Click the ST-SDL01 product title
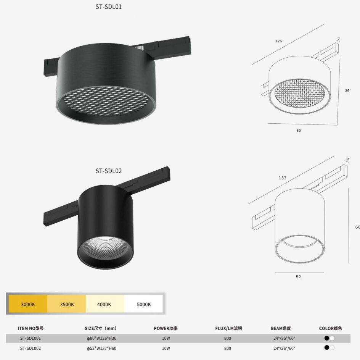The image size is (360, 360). pyautogui.click(x=109, y=7)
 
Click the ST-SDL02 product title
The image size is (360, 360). pyautogui.click(x=109, y=171)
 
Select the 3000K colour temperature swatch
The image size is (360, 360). pyautogui.click(x=28, y=304)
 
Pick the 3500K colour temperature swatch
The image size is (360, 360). pyautogui.click(x=67, y=304)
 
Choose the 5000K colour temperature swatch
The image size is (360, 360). pyautogui.click(x=143, y=304)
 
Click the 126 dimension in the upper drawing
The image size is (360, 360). pyautogui.click(x=278, y=41)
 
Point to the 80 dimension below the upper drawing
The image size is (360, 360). pyautogui.click(x=299, y=131)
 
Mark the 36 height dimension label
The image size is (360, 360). pyautogui.click(x=347, y=91)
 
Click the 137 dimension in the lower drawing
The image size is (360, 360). pyautogui.click(x=283, y=178)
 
